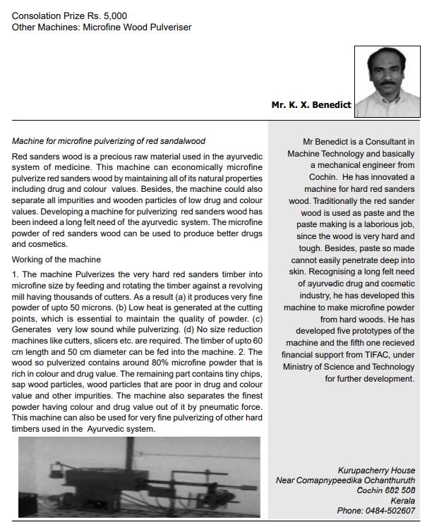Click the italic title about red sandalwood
(x=109, y=141)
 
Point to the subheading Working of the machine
(x=56, y=260)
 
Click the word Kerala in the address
(x=402, y=500)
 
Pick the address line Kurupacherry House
(x=377, y=471)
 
